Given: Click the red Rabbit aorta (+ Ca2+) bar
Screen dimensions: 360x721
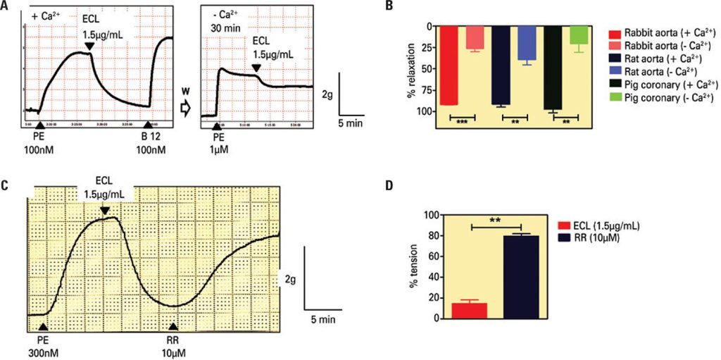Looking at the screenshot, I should (x=449, y=65).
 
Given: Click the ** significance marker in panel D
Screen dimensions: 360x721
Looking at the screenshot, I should (x=496, y=219).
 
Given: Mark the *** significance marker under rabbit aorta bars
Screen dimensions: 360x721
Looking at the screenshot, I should (x=463, y=122).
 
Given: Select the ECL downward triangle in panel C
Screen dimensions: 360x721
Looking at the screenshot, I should (x=105, y=210).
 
